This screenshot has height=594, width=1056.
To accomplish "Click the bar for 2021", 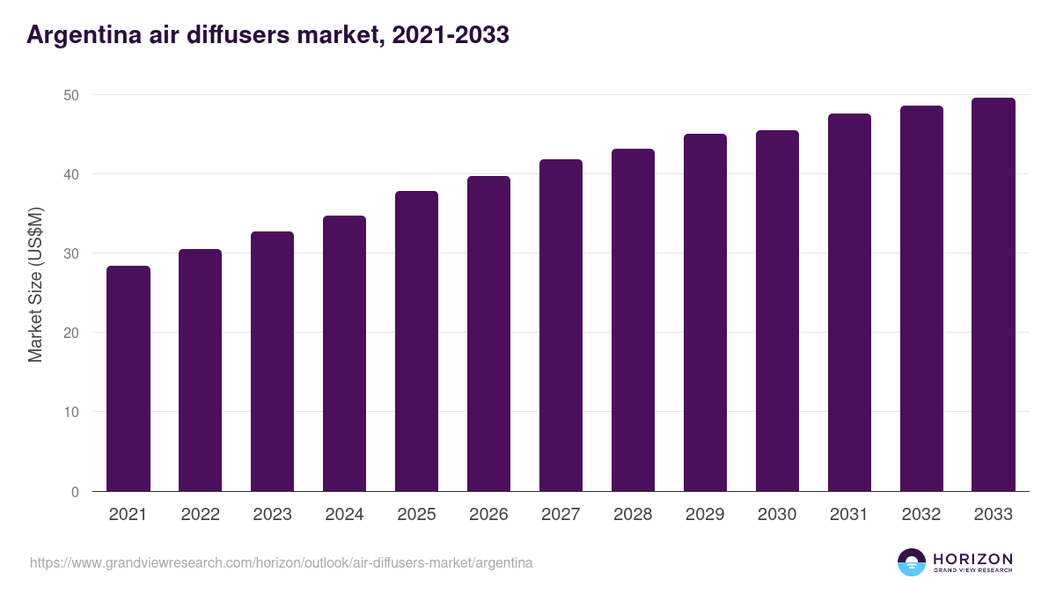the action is click(x=128, y=378).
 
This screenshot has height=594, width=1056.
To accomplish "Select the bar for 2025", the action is click(x=417, y=341).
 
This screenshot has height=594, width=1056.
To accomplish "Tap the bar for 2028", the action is click(x=633, y=320).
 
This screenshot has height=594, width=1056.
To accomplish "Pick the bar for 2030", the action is click(x=777, y=311).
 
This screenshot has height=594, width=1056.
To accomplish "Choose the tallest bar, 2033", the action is click(x=994, y=295).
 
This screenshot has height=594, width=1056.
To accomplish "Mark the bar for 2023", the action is click(x=273, y=362).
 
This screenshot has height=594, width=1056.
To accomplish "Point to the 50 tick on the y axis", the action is click(x=71, y=95).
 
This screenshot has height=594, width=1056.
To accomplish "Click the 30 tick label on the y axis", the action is click(x=71, y=253).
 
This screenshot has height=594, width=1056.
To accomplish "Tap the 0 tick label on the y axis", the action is click(x=75, y=492).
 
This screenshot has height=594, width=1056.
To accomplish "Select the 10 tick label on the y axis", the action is click(x=71, y=412).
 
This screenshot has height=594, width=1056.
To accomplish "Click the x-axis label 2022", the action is click(x=201, y=514).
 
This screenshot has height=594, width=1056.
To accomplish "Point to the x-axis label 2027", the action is click(x=561, y=514).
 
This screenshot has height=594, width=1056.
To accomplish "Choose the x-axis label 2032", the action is click(x=921, y=514).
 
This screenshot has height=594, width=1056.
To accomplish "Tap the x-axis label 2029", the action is click(x=705, y=514).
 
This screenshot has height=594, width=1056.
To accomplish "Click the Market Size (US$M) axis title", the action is click(x=35, y=285).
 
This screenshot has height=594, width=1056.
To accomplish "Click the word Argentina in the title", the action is click(x=84, y=35).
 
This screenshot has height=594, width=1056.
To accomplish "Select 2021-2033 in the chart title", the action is click(x=451, y=35).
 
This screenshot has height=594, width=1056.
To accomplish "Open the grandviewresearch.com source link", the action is click(x=281, y=563).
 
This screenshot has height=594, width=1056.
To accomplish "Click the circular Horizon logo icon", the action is click(x=912, y=562).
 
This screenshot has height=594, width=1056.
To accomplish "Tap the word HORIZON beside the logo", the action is click(x=972, y=559).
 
